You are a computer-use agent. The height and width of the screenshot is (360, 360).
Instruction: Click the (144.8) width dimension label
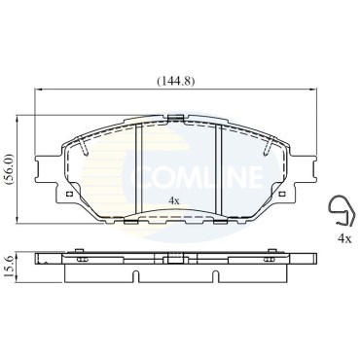(x=176, y=81)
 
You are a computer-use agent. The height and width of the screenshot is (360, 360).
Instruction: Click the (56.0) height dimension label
(x=9, y=169)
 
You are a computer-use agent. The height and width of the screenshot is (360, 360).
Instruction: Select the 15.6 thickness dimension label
(x=9, y=267)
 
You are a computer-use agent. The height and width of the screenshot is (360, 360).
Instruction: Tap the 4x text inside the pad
(x=174, y=200)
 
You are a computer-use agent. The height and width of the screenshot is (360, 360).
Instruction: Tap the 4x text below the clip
(x=344, y=239)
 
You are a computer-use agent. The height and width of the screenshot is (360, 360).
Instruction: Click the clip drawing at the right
(x=342, y=211)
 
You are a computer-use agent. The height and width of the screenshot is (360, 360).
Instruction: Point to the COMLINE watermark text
(x=197, y=177)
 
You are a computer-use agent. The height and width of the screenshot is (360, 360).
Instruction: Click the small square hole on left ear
(x=69, y=194)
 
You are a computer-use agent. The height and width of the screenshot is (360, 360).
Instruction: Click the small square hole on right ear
(x=282, y=194)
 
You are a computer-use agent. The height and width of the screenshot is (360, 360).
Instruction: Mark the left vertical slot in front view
(x=139, y=168)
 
